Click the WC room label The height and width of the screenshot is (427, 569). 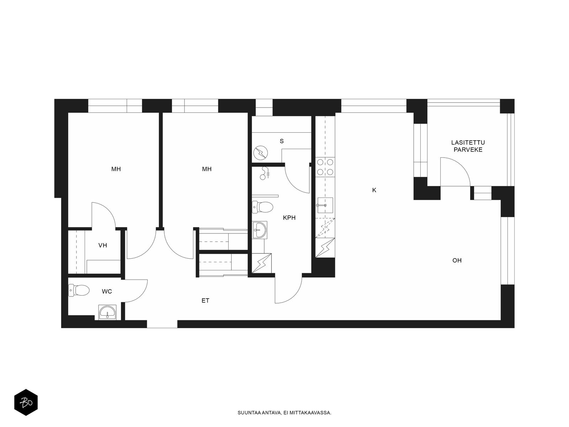(107, 291)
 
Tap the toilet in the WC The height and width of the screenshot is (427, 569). (79, 290)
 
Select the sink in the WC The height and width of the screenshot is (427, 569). (107, 312)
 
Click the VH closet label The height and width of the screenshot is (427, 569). (103, 245)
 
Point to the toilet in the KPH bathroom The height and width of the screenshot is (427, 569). (262, 207)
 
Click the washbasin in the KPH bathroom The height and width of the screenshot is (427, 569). (259, 230)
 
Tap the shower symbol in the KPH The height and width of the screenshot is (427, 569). (265, 173)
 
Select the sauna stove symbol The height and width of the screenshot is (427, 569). (261, 153)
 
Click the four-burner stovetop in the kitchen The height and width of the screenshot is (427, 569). (325, 167)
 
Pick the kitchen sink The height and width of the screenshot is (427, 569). (325, 205)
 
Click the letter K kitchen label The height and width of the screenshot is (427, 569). (374, 190)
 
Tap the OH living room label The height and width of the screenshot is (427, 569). (457, 260)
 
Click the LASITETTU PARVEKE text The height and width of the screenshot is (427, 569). (468, 146)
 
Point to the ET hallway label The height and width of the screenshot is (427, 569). (205, 300)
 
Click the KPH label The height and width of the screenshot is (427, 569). (289, 217)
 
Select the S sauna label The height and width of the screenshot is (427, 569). (282, 141)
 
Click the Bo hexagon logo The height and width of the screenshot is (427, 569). (26, 402)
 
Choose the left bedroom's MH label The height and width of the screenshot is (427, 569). (116, 169)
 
